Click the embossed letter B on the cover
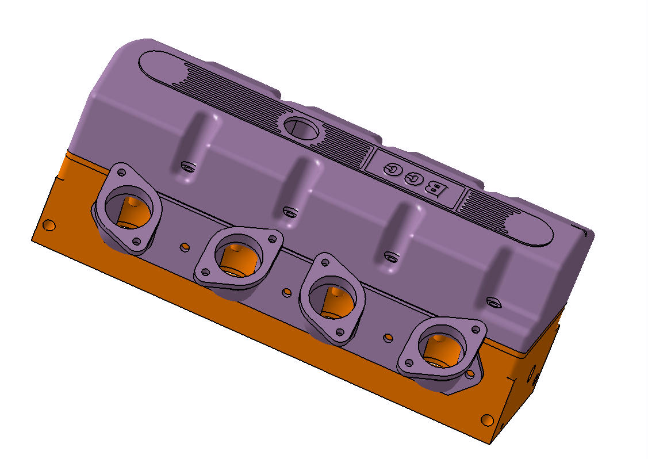click(x=435, y=189)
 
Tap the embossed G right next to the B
click(x=413, y=179)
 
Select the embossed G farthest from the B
click(x=393, y=169)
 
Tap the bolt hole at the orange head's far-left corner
click(x=50, y=225)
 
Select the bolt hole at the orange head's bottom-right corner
click(x=487, y=419)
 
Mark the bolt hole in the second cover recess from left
click(x=290, y=213)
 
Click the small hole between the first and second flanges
click(x=184, y=247)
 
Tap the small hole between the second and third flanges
click(x=286, y=293)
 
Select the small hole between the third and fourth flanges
click(x=389, y=336)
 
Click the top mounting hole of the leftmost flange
click(x=121, y=172)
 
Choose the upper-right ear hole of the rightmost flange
click(x=474, y=330)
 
